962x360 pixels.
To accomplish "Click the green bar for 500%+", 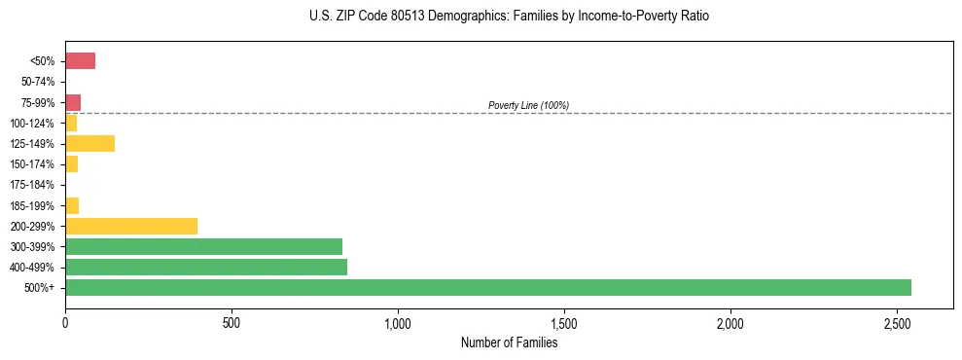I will click(487, 288).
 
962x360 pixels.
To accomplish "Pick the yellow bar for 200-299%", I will click(131, 227).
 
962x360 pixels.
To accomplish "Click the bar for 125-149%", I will click(89, 144).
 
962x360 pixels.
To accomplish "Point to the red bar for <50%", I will click(80, 61).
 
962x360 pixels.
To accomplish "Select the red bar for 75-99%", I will click(73, 102).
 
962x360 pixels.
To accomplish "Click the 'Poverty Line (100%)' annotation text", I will click(528, 105).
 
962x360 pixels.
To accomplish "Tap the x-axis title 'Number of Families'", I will click(509, 342).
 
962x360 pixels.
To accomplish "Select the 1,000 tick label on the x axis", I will click(398, 322).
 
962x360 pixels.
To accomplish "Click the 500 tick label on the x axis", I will click(232, 322).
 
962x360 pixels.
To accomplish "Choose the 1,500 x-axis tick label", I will click(564, 322).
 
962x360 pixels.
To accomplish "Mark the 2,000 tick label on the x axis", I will click(730, 322).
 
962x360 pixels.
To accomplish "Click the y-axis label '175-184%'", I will click(32, 185).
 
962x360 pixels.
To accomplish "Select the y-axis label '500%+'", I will click(39, 288).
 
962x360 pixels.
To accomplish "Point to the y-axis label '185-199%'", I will click(32, 205).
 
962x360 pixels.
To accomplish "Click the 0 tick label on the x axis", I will click(65, 322).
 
